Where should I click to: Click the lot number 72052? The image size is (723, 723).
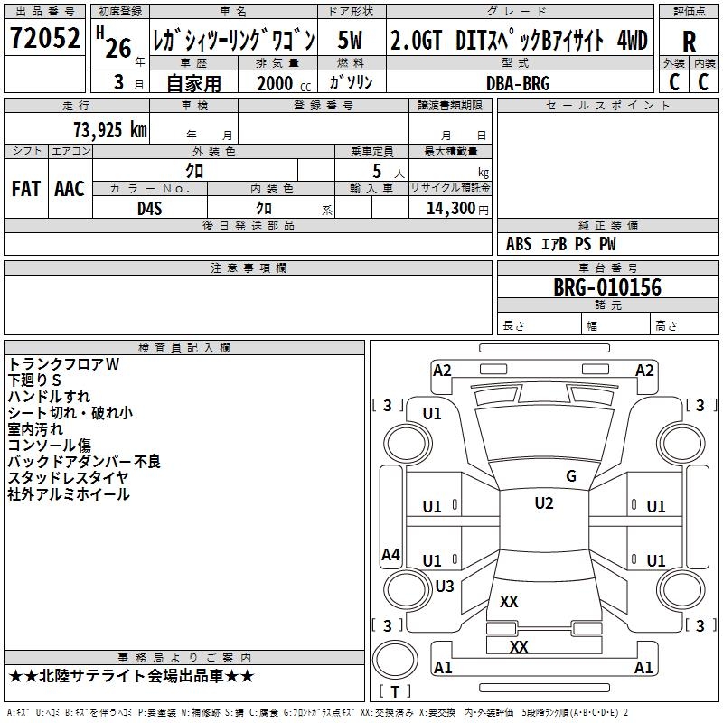(45, 39)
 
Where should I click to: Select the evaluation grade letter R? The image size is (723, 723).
(690, 41)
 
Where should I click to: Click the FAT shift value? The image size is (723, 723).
(26, 189)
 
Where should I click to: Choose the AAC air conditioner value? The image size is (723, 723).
(69, 189)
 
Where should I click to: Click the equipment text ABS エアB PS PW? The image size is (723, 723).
(561, 244)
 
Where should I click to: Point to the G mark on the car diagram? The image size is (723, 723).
(570, 475)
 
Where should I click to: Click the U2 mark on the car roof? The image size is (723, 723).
(543, 503)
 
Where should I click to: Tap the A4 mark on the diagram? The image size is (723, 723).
(390, 555)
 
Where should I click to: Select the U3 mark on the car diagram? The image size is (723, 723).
(444, 586)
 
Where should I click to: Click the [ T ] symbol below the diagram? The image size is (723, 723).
(395, 691)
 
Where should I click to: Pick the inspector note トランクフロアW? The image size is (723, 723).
(63, 363)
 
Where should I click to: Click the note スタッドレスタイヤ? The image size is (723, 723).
(69, 477)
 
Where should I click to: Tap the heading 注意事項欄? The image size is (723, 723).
(248, 268)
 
